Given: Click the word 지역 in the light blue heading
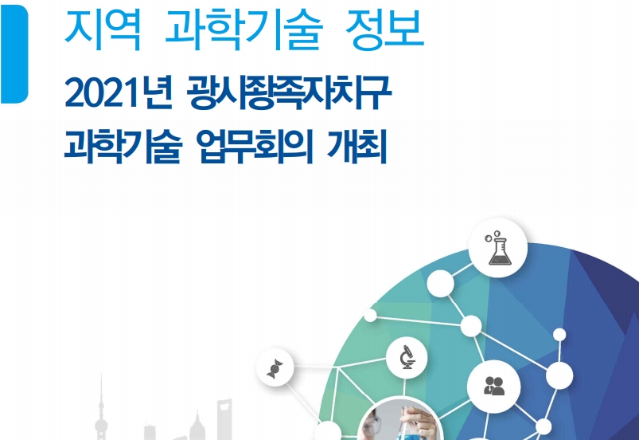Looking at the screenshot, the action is [103, 29].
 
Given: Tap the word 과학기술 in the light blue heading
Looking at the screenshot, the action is [244, 29].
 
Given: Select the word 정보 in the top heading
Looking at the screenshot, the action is [384, 29].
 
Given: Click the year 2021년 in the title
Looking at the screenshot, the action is [119, 93].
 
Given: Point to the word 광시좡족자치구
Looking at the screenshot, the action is [289, 93].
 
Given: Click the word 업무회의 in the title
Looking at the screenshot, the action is [255, 146].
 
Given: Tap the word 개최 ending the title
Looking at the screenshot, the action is [357, 146].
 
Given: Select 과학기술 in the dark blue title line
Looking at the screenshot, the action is [123, 146].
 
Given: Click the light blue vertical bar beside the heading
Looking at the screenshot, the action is [14, 54].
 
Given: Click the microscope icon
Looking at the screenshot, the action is [407, 357].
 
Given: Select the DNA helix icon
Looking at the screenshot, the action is [275, 368].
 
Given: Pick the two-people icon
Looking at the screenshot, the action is [494, 386].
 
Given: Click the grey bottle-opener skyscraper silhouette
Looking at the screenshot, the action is [224, 419].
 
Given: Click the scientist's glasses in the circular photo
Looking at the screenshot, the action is [375, 425].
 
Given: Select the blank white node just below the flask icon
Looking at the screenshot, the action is [440, 283].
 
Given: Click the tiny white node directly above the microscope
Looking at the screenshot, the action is [370, 316].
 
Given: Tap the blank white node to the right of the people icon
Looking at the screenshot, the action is [559, 375].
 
